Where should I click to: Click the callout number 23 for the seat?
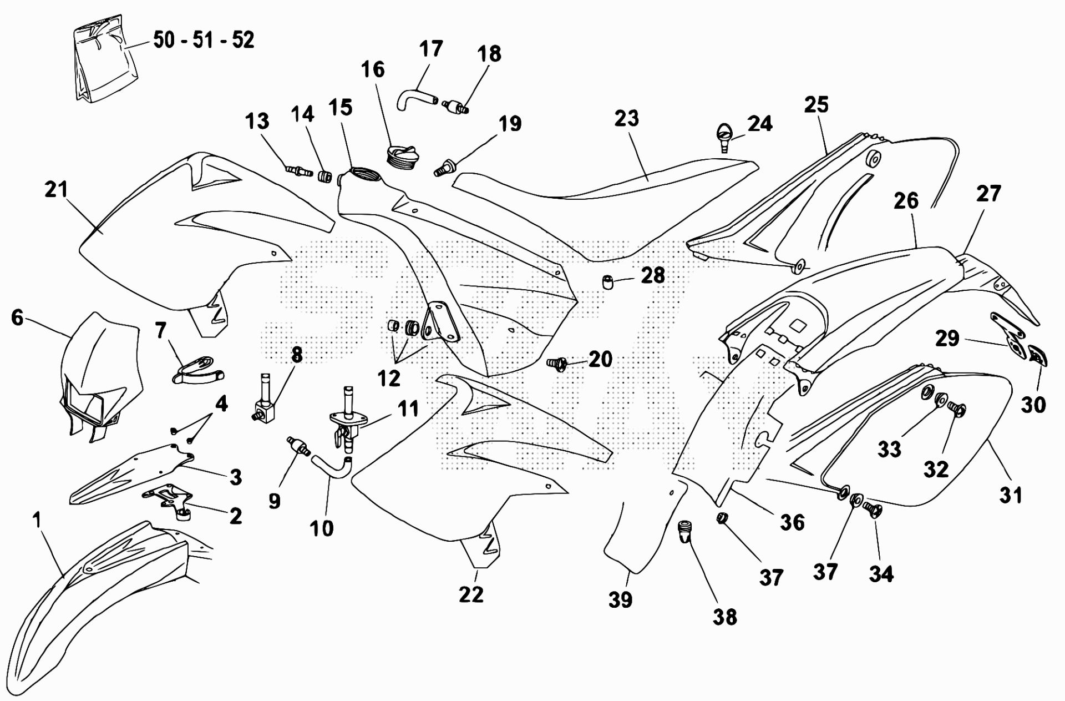pos(626,118)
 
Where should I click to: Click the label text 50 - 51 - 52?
pos(204,40)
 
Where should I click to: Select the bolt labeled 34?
pos(871,510)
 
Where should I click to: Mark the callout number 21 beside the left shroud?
pos(56,189)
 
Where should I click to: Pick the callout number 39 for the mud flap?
pos(620,599)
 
